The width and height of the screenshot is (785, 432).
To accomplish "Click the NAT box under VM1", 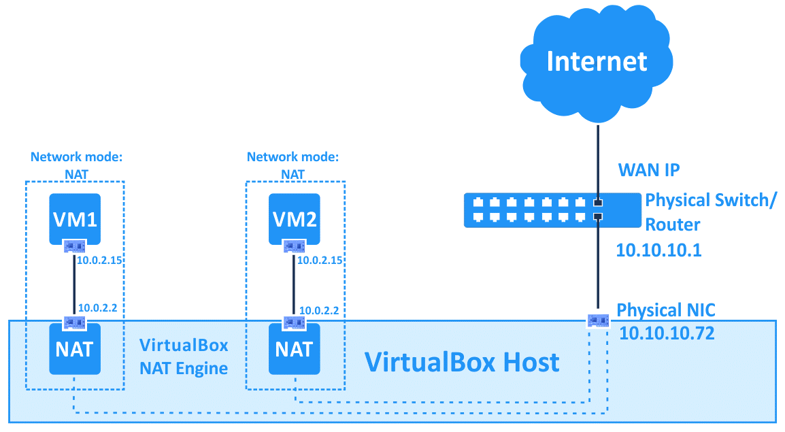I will [75, 349].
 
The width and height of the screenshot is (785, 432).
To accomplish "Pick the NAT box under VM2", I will [294, 349].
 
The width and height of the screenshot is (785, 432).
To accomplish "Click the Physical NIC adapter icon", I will [598, 319].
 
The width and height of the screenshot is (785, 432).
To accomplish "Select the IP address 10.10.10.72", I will [667, 333].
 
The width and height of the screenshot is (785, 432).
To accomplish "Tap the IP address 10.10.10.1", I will [658, 250].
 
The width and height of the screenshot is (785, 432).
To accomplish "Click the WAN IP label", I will [648, 169].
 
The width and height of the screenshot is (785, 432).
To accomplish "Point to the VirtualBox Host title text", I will [462, 362].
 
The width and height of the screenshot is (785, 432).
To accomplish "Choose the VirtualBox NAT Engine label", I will [184, 356].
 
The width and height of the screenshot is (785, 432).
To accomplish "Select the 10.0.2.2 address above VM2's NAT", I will [319, 310].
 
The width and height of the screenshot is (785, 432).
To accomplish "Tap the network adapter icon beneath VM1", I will [75, 246].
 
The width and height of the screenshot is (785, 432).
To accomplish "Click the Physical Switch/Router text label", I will [707, 212].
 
